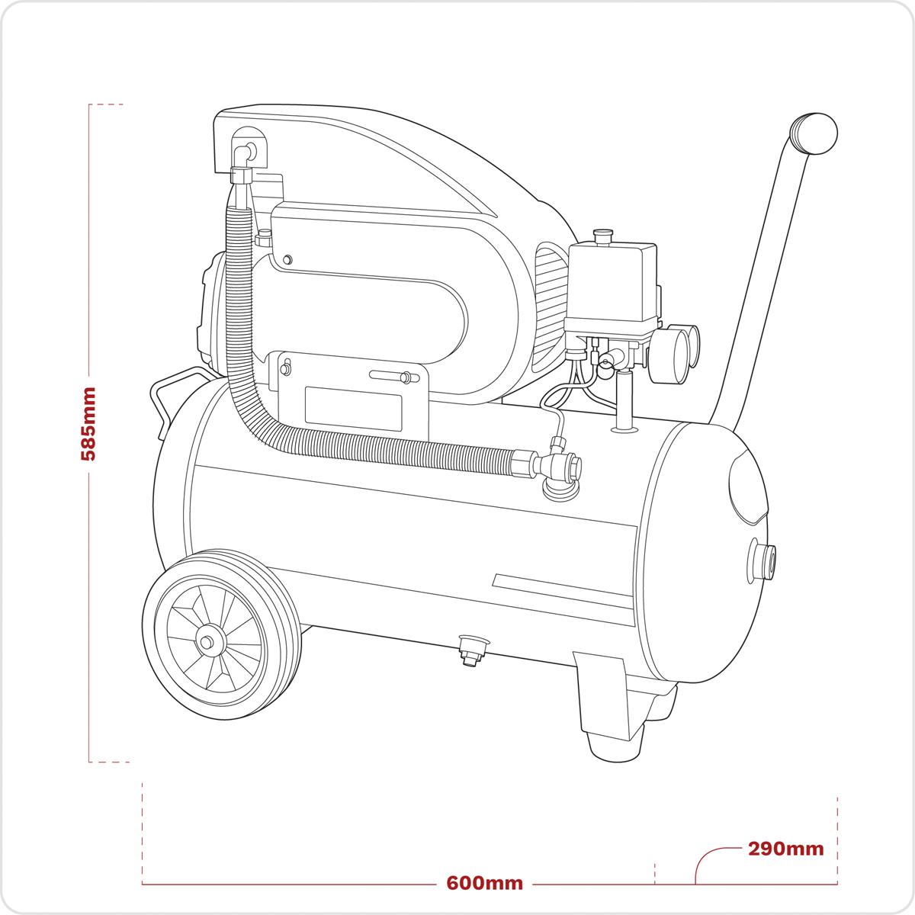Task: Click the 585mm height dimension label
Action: coord(88,423)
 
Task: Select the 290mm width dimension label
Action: coord(786,849)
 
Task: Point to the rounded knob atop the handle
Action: coord(814,133)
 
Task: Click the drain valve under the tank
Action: coord(474,650)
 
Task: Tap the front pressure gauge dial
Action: coord(669,357)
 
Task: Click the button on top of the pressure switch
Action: coord(603,236)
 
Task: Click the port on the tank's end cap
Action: coord(761,560)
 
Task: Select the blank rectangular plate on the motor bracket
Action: coord(353,409)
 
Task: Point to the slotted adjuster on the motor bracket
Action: coord(394,377)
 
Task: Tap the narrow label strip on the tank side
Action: coord(563,591)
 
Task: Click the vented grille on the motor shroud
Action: coord(552,308)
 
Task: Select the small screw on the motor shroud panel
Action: coord(287,260)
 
